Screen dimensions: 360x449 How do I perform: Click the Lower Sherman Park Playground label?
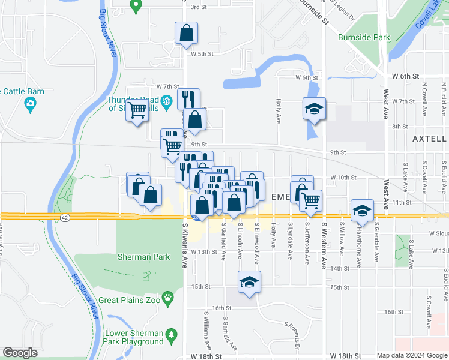tap(134, 337)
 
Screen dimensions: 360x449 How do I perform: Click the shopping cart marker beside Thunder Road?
tap(137, 110)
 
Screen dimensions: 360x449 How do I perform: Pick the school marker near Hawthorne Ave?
tap(362, 210)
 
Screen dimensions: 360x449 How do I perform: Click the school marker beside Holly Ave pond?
tap(314, 109)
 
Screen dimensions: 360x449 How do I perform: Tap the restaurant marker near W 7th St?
tap(188, 98)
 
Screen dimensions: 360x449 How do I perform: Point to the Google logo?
tap(20, 353)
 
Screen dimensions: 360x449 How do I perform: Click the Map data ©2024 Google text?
tap(412, 355)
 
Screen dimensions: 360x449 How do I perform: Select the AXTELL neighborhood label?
tap(429, 139)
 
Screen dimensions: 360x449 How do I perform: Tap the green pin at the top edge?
tap(136, 6)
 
